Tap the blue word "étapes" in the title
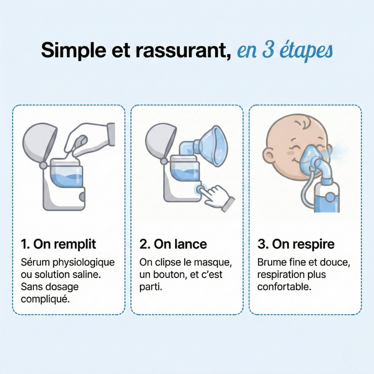(x=305, y=52)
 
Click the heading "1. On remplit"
(x=59, y=244)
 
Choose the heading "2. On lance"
(x=173, y=244)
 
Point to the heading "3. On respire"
(x=296, y=244)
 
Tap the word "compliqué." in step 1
(x=45, y=299)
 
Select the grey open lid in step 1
(x=37, y=142)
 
